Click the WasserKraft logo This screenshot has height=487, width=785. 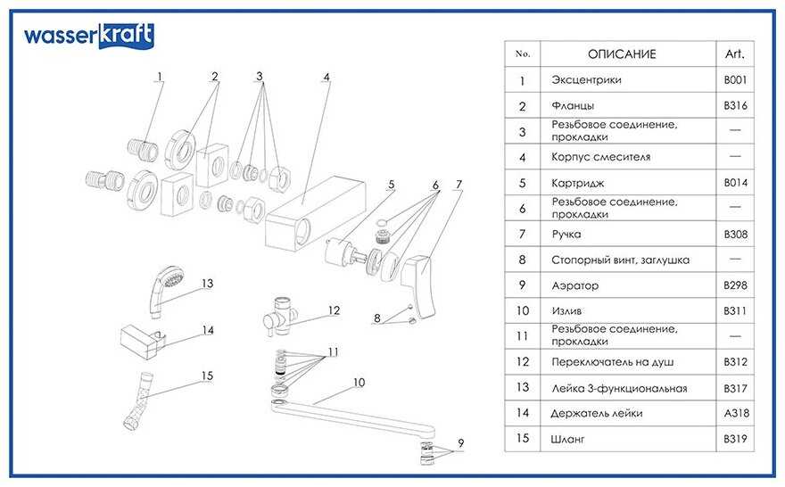[x=88, y=36]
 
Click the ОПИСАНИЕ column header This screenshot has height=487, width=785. [x=621, y=54]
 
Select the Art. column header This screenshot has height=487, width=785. [x=735, y=54]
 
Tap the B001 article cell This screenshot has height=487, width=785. [x=735, y=80]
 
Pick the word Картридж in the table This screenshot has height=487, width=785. [x=576, y=183]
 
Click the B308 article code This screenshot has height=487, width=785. [x=735, y=235]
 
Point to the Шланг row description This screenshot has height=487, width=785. [x=570, y=439]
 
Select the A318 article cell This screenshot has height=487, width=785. [x=735, y=413]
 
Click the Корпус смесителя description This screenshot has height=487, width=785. [x=601, y=157]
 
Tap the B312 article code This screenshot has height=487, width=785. [x=735, y=362]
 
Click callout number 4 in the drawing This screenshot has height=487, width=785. [x=326, y=78]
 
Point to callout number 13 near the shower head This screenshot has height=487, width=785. [x=207, y=284]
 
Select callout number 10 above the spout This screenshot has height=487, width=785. [x=359, y=383]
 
